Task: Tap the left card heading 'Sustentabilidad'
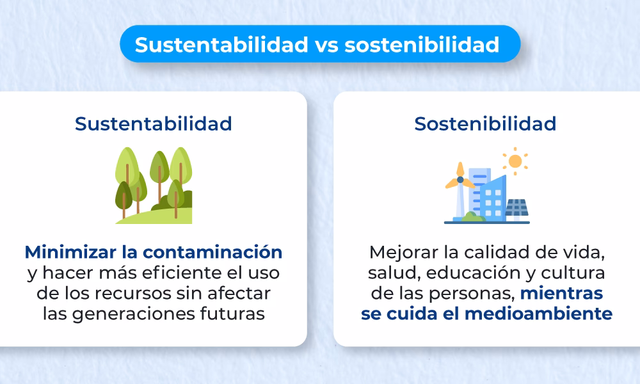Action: click(153, 124)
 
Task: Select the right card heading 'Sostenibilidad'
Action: click(484, 124)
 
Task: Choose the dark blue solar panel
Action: click(516, 209)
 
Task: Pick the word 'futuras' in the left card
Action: click(233, 314)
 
